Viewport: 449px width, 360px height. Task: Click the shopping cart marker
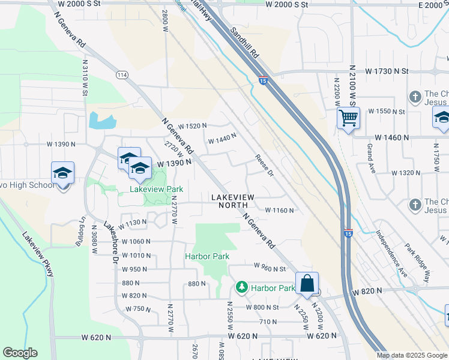pos(348,119)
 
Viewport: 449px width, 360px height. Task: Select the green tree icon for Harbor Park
pos(242,288)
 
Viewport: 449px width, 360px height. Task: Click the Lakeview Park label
pos(157,189)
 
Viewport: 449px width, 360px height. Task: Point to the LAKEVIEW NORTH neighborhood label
pos(232,201)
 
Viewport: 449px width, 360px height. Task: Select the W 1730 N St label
pos(384,71)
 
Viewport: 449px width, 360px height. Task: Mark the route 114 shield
pos(122,74)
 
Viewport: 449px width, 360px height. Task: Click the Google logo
pos(20,353)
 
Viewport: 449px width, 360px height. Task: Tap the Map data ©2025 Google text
pos(412,355)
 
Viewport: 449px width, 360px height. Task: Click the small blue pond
pos(101,121)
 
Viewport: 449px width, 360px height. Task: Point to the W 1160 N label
pos(280,211)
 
